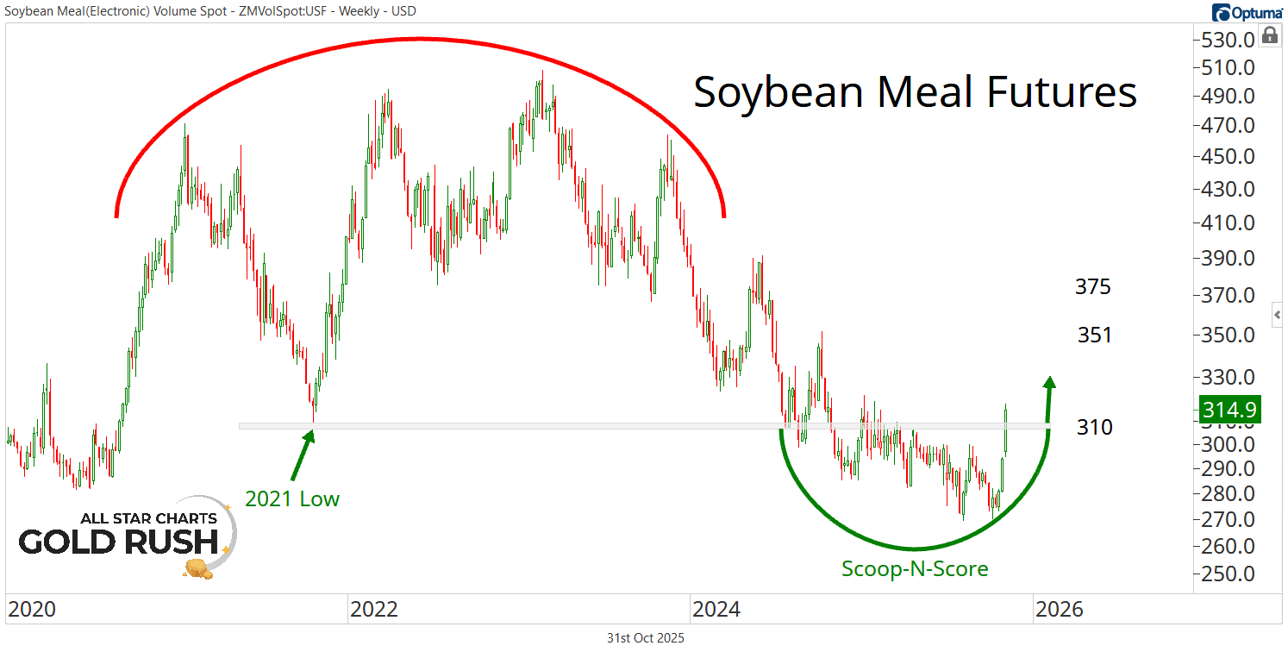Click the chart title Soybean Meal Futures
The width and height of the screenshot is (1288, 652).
tap(915, 92)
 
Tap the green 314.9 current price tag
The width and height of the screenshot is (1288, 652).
tap(1230, 408)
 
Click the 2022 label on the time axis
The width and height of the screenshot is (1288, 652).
tap(373, 610)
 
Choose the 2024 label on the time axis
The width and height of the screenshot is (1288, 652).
tap(716, 610)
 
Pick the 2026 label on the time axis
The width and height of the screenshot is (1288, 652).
tap(1059, 610)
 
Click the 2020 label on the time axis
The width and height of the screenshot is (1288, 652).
tap(32, 610)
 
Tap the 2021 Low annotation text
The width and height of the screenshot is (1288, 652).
tap(292, 498)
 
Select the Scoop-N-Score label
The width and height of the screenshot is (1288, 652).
tap(915, 568)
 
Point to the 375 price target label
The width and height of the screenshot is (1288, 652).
tap(1093, 287)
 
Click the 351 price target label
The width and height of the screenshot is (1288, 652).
tap(1095, 335)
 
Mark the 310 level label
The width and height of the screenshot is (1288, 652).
tap(1095, 427)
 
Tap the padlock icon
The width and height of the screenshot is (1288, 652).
tap(1269, 35)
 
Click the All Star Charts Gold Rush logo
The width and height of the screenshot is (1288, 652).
tap(126, 536)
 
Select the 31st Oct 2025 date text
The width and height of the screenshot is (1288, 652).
tap(645, 638)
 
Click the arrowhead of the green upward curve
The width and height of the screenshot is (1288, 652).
tap(1049, 382)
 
